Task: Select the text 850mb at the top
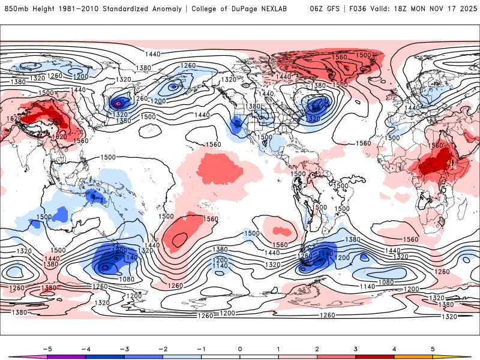point(14,9)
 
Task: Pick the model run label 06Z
point(317,9)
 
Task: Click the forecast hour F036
point(361,9)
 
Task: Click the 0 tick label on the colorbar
point(239,348)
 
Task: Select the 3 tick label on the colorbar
point(356,348)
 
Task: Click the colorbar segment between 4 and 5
point(413,357)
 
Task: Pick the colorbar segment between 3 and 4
point(375,357)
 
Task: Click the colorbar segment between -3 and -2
point(143,357)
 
